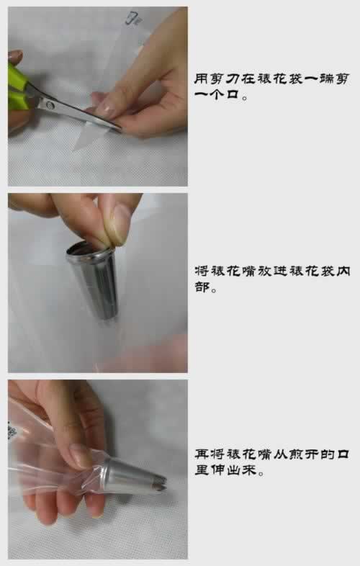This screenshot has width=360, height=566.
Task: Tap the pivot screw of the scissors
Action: (x=50, y=105)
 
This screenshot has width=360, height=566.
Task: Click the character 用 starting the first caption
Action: (x=201, y=78)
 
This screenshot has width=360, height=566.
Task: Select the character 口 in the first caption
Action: (x=233, y=95)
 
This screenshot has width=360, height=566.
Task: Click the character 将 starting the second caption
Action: (x=202, y=271)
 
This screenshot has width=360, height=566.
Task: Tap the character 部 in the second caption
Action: (x=202, y=287)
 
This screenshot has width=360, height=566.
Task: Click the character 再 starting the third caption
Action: (x=202, y=454)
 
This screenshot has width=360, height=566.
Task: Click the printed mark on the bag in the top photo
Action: (x=132, y=18)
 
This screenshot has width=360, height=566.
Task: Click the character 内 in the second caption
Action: (x=343, y=271)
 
